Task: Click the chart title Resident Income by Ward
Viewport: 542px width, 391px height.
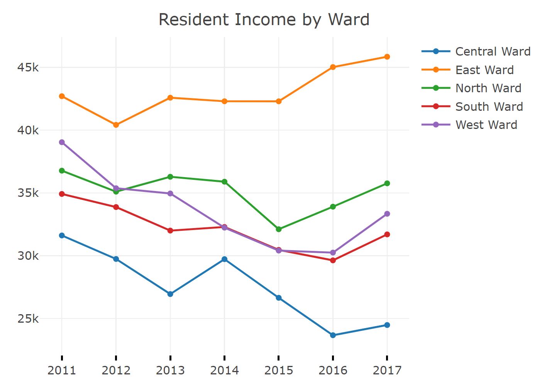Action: (264, 20)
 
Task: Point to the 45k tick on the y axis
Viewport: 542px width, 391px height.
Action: (28, 68)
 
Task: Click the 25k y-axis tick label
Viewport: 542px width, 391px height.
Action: (28, 319)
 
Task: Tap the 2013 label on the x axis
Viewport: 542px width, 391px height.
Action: (170, 370)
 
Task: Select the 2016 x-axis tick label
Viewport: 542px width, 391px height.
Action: (333, 370)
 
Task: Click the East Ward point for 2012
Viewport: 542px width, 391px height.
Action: (116, 125)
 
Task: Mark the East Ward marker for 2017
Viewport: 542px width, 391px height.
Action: (387, 57)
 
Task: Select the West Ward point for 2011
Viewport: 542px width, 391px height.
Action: (62, 142)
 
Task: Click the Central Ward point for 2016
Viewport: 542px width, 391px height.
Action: (333, 335)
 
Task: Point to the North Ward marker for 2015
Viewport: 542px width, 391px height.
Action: (279, 229)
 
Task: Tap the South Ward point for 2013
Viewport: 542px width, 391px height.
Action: (170, 230)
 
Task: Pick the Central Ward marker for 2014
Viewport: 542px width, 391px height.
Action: (224, 259)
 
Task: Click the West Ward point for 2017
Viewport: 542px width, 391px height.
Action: (387, 214)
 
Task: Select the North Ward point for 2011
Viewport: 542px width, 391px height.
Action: (62, 171)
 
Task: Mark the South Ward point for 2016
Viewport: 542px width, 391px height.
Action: (333, 260)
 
